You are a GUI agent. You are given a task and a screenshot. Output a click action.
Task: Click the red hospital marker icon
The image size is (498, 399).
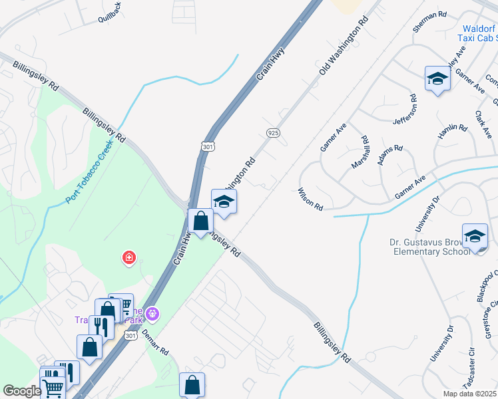(129, 257)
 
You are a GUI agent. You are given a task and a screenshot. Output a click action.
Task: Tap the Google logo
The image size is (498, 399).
(22, 391)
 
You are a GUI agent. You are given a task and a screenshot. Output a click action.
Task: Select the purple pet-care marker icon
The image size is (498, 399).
(152, 313)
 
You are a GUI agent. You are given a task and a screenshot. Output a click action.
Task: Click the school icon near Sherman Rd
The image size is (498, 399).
(437, 79)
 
